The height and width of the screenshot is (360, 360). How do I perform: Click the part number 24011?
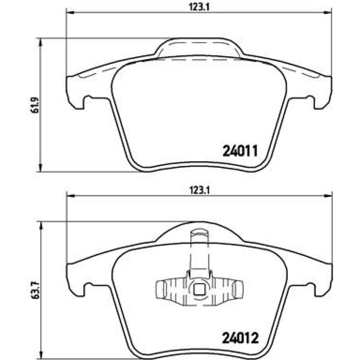point(240,151)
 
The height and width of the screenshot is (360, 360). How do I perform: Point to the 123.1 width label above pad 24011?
point(199,7)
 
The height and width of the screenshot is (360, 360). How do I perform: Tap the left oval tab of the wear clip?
point(161,290)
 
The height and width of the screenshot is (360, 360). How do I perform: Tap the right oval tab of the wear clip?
point(237,290)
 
